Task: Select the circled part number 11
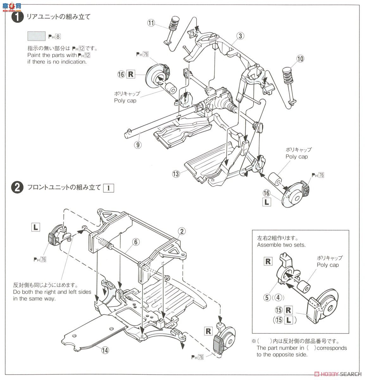[x=151, y=23]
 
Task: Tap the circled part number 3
[x=241, y=36]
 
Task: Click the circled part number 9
[x=137, y=145]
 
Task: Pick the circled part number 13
[x=176, y=174]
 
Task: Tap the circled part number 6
[x=135, y=242]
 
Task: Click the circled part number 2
[x=181, y=231]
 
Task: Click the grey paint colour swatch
[x=36, y=36]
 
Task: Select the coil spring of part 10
[x=288, y=75]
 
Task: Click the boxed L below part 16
[x=267, y=202]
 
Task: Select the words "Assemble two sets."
[x=281, y=245]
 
